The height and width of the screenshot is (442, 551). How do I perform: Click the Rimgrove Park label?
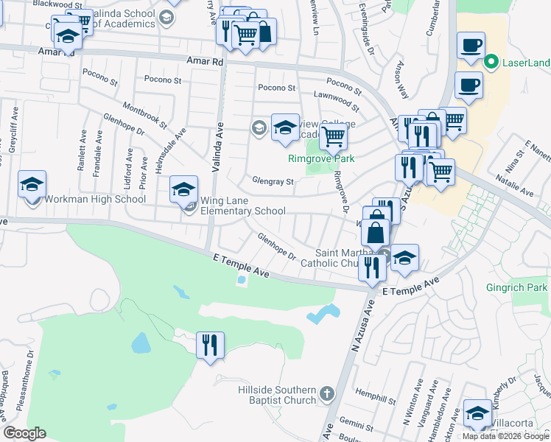pos(321,158)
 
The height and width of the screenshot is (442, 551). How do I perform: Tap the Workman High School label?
pos(95,199)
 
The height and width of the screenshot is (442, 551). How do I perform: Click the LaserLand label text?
pos(526,63)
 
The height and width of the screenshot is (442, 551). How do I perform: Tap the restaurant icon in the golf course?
pos(210,344)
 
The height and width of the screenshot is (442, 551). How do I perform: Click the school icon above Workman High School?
pos(32,185)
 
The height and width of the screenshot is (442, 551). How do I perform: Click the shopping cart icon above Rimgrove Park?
pos(334,135)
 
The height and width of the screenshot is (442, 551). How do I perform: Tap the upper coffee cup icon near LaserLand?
pos(470,46)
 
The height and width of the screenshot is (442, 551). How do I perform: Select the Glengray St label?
pos(273,181)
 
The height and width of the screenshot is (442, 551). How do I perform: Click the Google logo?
pos(25,433)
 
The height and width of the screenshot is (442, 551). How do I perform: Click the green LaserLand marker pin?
pos(492,63)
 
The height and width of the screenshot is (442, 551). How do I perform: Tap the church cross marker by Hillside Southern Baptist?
pos(328,395)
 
